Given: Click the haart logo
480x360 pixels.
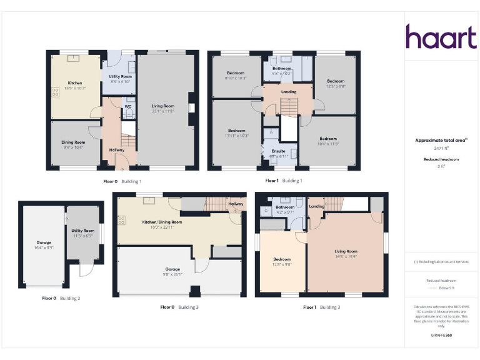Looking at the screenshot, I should pos(441,37).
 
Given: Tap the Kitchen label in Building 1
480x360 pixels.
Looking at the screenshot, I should pos(75,83).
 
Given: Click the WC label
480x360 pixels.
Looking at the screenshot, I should pos(127,107).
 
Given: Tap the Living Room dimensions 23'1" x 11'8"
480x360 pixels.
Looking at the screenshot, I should pos(162,111).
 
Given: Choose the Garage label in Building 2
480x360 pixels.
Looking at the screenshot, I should pos(44,242).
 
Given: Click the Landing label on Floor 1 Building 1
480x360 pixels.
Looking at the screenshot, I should pos(289,92).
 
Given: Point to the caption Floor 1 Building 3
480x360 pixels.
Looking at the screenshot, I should pos(322,307).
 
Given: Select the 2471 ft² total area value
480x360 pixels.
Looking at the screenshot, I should pos(442,149).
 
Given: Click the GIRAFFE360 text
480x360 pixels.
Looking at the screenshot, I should pos(441,336).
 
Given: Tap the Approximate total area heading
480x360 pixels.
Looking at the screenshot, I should pos(441,141).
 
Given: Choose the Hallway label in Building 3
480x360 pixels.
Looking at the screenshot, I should pos(236,204).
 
